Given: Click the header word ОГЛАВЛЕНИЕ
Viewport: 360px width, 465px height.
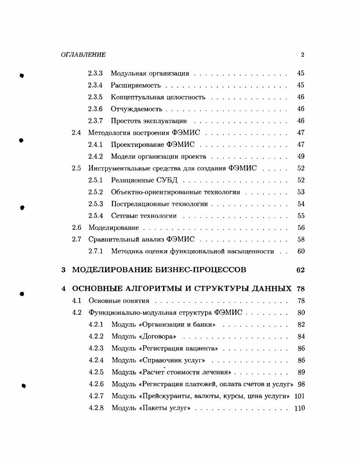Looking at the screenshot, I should coord(83,55).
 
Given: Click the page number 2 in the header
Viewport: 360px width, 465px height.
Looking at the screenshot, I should coord(302,55).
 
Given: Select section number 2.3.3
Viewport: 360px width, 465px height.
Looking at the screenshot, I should coord(95,73).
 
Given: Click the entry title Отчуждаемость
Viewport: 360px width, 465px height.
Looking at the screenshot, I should coord(136,109).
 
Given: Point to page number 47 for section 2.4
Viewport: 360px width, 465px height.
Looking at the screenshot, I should coord(301,133).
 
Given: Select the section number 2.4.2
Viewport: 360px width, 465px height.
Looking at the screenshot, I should coord(95,157).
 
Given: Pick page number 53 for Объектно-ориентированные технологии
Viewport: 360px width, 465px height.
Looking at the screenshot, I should coord(301,192).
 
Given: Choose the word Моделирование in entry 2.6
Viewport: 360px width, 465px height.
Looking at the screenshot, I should coord(114,228).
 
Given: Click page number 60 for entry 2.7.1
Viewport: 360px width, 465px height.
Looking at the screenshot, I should coord(301,252).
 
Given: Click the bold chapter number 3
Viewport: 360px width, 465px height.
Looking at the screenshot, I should coord(63,270).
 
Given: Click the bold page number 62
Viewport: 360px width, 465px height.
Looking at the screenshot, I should coord(300,270).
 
